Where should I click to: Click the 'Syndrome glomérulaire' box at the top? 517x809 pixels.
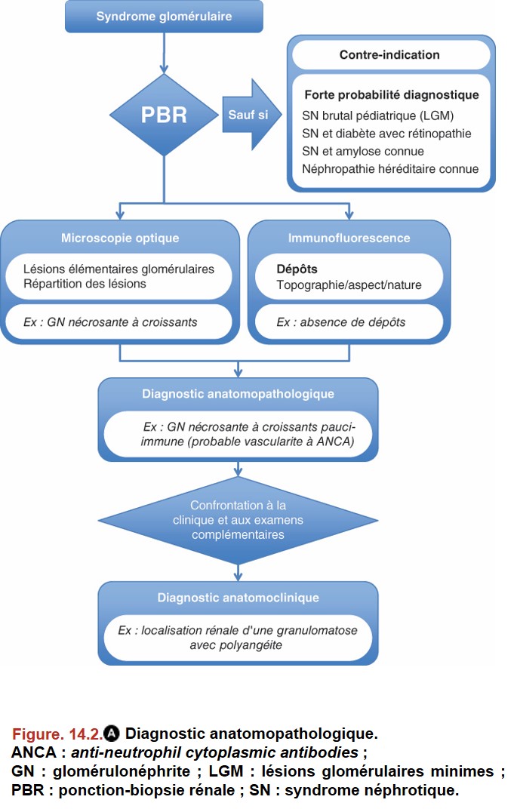[164, 17]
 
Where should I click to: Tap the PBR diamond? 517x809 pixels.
[164, 115]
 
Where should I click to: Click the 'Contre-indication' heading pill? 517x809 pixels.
[390, 54]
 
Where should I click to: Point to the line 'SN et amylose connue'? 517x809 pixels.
[363, 151]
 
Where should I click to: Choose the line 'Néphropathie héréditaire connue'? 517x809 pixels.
[390, 169]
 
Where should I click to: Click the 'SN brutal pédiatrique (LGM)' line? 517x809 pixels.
[377, 115]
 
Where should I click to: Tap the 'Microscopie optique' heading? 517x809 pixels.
[120, 238]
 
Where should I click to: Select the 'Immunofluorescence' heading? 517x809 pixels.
[349, 238]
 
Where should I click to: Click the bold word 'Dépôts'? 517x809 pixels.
[297, 269]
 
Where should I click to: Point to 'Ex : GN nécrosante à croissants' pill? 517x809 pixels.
[119, 322]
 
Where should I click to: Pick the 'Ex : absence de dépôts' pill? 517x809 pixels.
[349, 322]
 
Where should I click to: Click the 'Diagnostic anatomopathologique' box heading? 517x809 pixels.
[238, 394]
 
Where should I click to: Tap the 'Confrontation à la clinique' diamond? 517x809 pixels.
[238, 519]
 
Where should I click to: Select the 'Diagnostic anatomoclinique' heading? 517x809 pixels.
[238, 598]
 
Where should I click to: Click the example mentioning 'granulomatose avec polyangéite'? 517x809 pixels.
[238, 638]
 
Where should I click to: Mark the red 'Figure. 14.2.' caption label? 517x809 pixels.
[57, 734]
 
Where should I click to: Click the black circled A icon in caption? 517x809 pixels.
[112, 734]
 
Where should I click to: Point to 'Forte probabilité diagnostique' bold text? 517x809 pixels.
[392, 95]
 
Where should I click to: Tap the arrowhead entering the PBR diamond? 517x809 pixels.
[164, 69]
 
